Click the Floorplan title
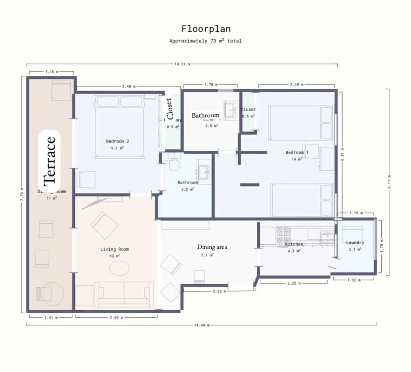(206, 28)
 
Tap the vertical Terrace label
(50, 160)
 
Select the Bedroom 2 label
(117, 141)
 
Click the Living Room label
(114, 249)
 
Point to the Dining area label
(212, 247)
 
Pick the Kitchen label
(294, 244)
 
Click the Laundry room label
(355, 243)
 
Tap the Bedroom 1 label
(297, 152)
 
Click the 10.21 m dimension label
(182, 64)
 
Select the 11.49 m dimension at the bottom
(202, 325)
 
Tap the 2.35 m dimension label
(219, 292)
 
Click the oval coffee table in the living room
(120, 267)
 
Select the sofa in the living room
(124, 294)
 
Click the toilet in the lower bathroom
(174, 163)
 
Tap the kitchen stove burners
(283, 236)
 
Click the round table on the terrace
(53, 293)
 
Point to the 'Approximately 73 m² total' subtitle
(206, 41)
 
